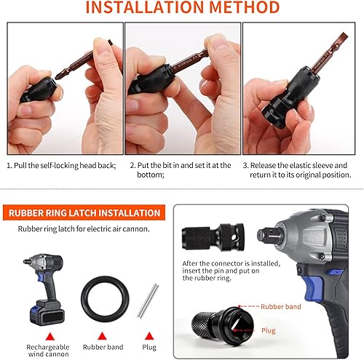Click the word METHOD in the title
point(244,7)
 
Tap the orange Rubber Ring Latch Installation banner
point(84,212)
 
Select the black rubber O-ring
point(105,299)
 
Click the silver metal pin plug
point(148,300)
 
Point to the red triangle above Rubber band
point(102,336)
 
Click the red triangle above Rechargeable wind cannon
point(50,337)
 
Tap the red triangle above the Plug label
point(149,336)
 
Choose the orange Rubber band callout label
point(281,307)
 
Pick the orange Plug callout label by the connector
point(269,330)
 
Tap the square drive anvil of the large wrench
point(266,234)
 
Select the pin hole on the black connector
point(234,238)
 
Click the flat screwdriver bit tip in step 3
point(341,38)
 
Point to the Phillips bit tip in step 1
point(59,75)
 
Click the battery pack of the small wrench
point(47,313)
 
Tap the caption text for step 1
point(61,165)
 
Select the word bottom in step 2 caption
point(151,175)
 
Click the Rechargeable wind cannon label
point(48,351)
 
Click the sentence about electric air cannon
point(84,229)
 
